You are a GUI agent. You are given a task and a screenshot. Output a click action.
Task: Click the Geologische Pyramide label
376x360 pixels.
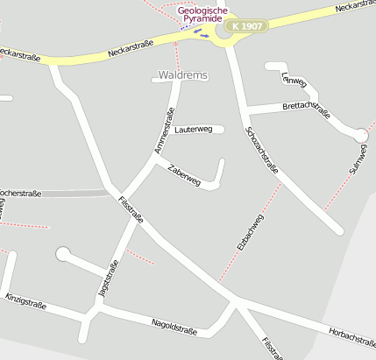pos(202,15)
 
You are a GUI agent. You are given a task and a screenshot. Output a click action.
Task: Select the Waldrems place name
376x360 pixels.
pos(183,76)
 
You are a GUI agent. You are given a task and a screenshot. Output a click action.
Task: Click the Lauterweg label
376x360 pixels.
pos(193,130)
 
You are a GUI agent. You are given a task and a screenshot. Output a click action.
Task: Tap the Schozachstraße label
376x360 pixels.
pos(263,148)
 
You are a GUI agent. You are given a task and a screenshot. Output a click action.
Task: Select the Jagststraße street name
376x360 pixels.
pos(110,279)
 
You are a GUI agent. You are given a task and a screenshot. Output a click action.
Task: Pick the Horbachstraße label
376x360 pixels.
pos(351,335)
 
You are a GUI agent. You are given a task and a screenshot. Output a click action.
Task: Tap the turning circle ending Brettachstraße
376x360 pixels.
pos(360,134)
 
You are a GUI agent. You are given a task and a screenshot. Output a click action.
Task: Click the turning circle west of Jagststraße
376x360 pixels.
pos(63,254)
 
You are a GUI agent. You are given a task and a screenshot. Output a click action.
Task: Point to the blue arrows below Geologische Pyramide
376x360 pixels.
pos(202,34)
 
